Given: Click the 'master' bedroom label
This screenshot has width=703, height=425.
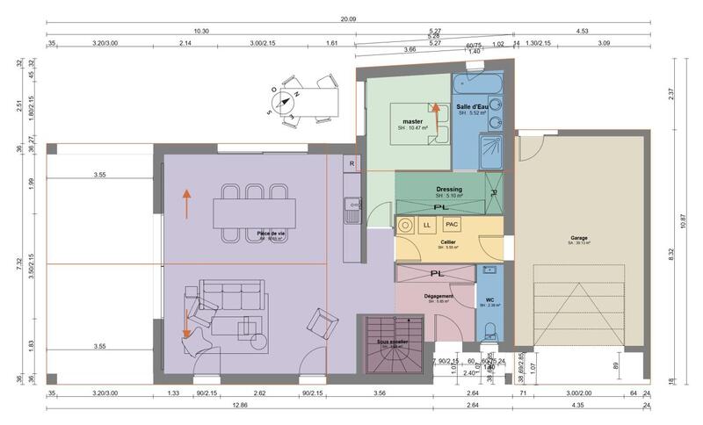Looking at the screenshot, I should point(413,120).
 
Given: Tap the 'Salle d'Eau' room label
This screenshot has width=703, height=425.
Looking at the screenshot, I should point(472,105).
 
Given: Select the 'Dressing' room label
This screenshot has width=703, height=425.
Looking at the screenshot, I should point(449,189).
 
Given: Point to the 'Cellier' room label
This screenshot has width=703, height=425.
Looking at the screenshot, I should point(448,241).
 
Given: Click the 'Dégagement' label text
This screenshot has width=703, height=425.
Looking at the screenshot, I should point(438,297).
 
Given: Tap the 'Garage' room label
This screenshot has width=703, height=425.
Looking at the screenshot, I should point(579,237).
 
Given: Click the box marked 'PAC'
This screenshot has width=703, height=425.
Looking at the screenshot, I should point(452,225).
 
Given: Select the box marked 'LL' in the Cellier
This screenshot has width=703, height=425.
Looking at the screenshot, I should point(427,225).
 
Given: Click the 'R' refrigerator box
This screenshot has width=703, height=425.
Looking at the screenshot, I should point(351,163).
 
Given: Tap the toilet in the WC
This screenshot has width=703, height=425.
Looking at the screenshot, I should point(489,331).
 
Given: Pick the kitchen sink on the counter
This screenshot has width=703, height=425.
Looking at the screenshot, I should point(351,209).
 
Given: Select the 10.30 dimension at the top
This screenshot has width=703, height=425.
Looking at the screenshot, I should point(200,31).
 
